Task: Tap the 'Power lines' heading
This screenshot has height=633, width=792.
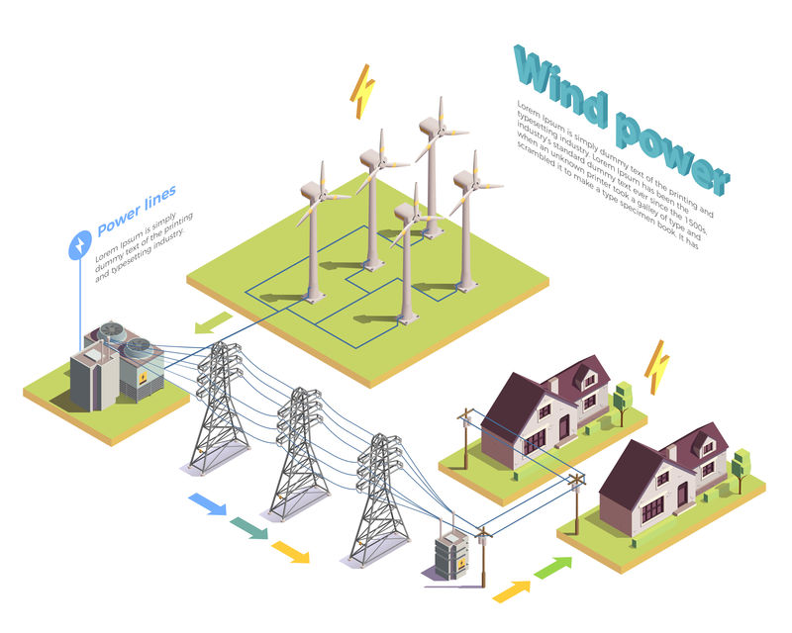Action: click(x=137, y=212)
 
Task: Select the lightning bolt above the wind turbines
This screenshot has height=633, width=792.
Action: click(x=363, y=91)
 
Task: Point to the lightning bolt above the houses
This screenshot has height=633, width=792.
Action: click(x=656, y=367)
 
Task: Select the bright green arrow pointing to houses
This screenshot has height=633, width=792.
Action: click(x=553, y=568)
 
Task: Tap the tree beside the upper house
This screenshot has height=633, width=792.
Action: click(x=622, y=398)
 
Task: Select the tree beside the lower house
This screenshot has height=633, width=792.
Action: click(x=739, y=465)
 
